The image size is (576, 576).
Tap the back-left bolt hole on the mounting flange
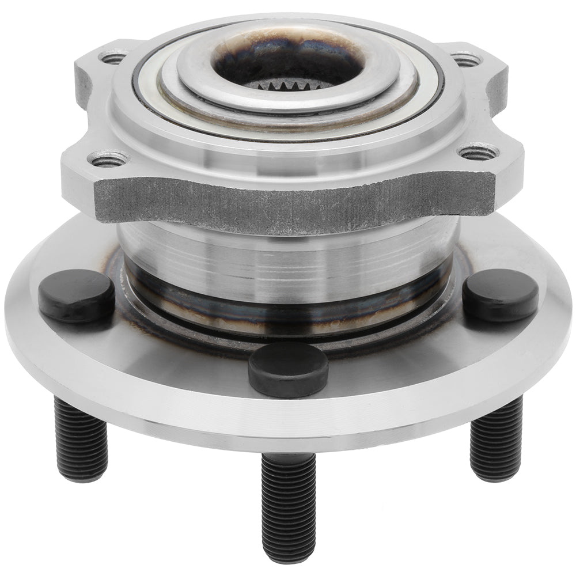[x=112, y=58]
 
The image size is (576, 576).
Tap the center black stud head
[x=287, y=369]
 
